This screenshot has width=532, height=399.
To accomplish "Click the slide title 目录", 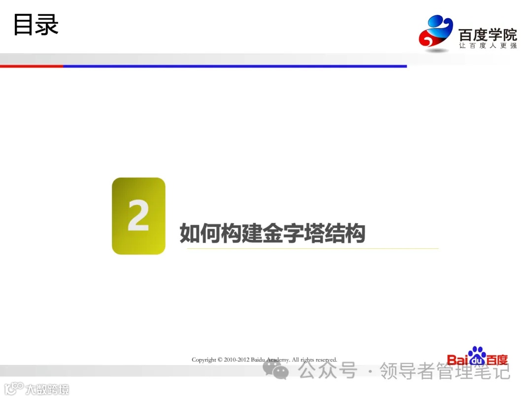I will click(x=36, y=25).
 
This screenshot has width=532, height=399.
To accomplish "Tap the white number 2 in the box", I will click(x=138, y=216).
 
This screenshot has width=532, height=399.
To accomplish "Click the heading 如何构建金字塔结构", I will click(x=272, y=233).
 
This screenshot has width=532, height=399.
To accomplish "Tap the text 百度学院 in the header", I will click(x=487, y=34).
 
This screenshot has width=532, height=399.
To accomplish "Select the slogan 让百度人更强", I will click(x=487, y=46).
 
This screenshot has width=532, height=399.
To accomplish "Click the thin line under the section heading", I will click(x=312, y=248).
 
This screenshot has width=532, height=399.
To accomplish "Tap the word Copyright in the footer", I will click(x=204, y=360).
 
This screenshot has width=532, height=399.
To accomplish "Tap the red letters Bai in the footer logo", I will click(x=457, y=360).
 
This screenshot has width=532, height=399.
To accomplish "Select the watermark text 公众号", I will click(x=328, y=371).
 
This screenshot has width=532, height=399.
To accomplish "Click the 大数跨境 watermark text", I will click(x=47, y=389).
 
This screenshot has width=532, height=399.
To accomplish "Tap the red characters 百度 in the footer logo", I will click(x=496, y=360).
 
